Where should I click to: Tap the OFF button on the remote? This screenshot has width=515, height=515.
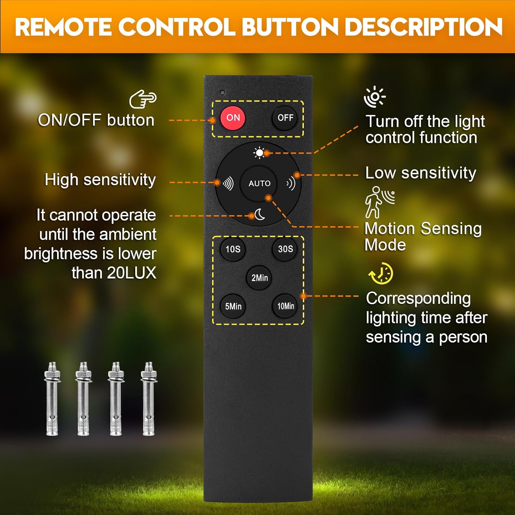(x=285, y=118)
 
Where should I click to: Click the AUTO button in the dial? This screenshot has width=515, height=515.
(x=259, y=183)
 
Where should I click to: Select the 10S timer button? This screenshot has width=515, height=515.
(x=233, y=249)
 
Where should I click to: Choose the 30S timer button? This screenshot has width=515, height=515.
(x=285, y=249)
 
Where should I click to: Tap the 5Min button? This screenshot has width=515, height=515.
(x=233, y=306)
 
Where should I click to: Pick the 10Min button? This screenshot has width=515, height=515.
(x=285, y=306)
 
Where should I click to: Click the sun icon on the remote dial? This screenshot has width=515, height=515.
(x=259, y=152)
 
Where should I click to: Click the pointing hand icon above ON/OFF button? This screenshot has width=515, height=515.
(x=143, y=99)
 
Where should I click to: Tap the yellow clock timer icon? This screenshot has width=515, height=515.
(x=381, y=274)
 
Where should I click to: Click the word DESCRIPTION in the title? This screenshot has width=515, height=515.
(x=424, y=27)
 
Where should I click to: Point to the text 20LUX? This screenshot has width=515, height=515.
(x=131, y=273)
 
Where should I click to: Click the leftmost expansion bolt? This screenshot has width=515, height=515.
(x=52, y=399)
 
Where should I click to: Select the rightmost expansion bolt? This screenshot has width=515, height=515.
(x=149, y=399)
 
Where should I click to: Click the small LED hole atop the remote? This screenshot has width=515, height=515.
(x=222, y=93)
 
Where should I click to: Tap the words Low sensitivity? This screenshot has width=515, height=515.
(x=421, y=173)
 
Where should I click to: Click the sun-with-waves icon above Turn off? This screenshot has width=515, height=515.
(x=375, y=97)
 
